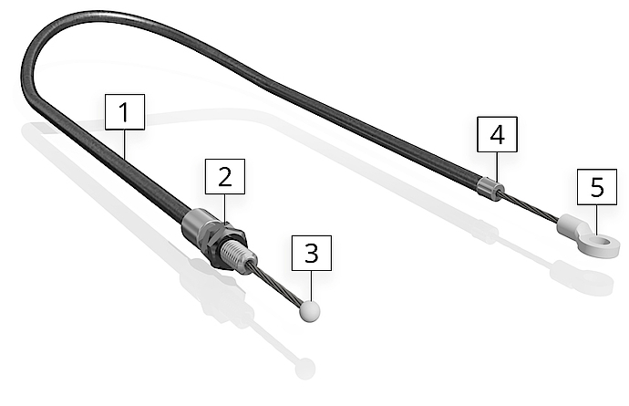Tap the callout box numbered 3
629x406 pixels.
(x=312, y=253)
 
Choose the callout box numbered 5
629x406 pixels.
(x=597, y=187)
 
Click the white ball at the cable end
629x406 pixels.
(x=311, y=312)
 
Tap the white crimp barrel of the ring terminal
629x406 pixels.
(x=570, y=225)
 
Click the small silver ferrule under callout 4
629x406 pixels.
(x=490, y=189)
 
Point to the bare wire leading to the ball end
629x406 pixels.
(x=281, y=287)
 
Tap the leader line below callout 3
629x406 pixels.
(x=312, y=286)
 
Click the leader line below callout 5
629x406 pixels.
(x=597, y=219)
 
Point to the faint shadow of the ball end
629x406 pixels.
(x=304, y=369)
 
